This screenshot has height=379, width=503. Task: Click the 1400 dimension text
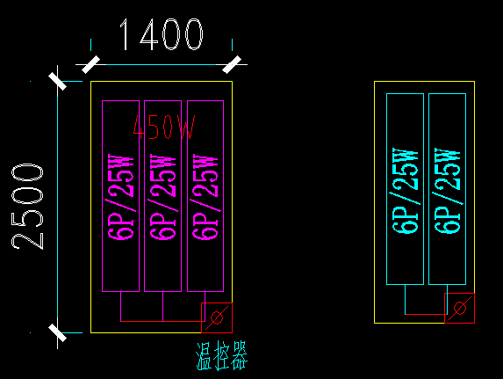pyautogui.click(x=160, y=36)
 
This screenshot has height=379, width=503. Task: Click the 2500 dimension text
pyautogui.click(x=30, y=206)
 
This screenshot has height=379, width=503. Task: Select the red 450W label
pyautogui.click(x=163, y=128)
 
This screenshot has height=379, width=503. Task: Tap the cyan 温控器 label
pyautogui.click(x=221, y=357)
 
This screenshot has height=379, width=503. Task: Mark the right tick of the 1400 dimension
pyautogui.click(x=232, y=63)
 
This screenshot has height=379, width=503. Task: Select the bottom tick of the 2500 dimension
pyautogui.click(x=58, y=332)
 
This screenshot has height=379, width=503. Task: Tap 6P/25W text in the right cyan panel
pyautogui.click(x=447, y=189)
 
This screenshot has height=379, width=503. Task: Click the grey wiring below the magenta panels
pyautogui.click(x=163, y=320)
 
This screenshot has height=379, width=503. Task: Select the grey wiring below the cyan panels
pyautogui.click(x=425, y=312)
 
